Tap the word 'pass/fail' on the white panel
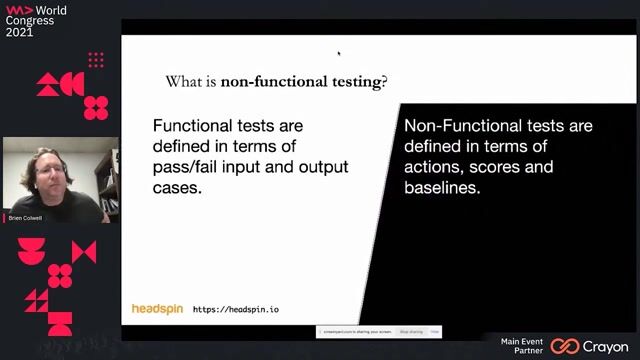coord(185,167)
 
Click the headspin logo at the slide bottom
coord(157,309)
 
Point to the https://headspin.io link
coord(236,310)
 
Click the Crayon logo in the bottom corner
coord(594,346)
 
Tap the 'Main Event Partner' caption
coord(522,346)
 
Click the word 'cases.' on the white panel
coord(177,187)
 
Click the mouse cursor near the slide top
coord(338,53)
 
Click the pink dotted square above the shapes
coord(96,60)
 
